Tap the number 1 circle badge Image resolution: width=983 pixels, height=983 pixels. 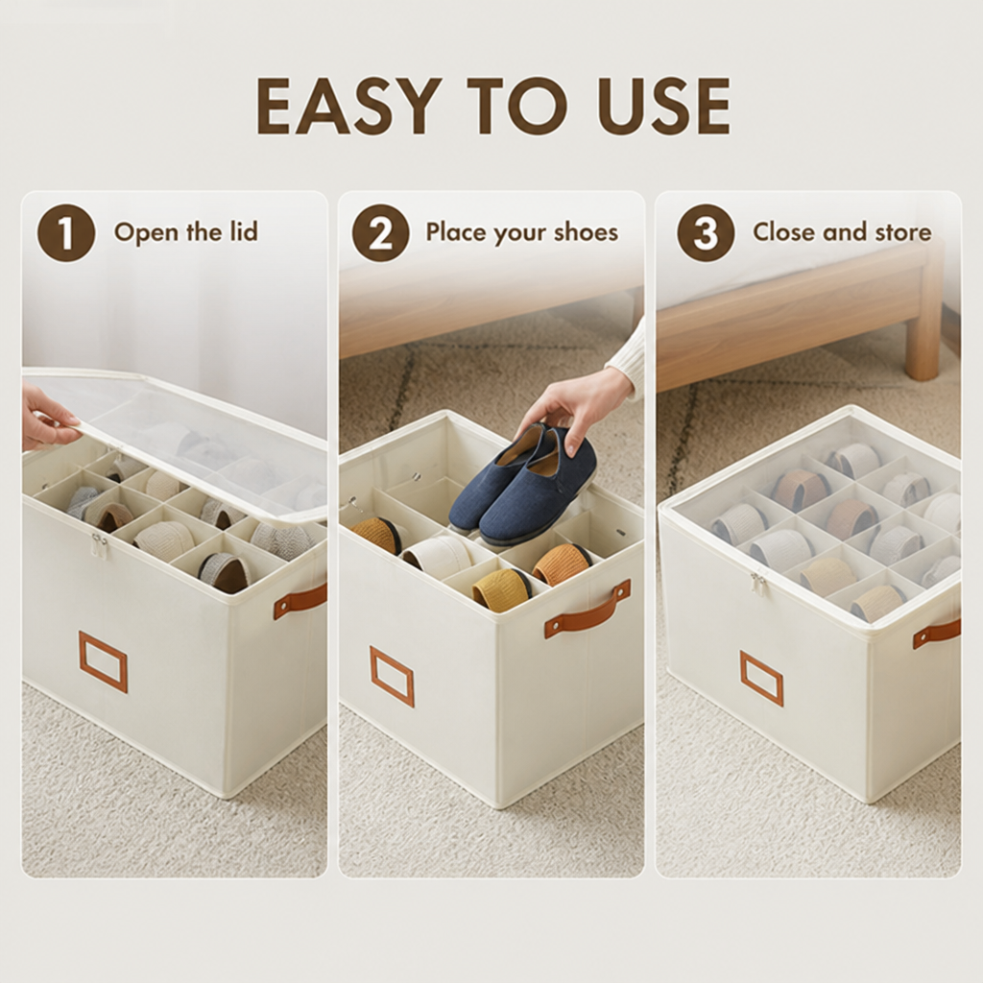coord(66,232)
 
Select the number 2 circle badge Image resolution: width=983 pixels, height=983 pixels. coord(380,232)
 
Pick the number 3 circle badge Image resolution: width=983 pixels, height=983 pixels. coord(706,232)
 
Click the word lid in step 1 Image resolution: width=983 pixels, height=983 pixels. coord(240,231)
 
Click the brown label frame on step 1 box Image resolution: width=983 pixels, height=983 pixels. coord(103,661)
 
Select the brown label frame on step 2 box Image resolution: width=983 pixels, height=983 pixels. coord(392,676)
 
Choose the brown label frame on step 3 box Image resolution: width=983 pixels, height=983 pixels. coord(761,679)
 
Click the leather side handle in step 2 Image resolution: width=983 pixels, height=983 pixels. coord(587,610)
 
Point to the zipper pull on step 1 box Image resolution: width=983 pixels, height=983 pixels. coord(97,545)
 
